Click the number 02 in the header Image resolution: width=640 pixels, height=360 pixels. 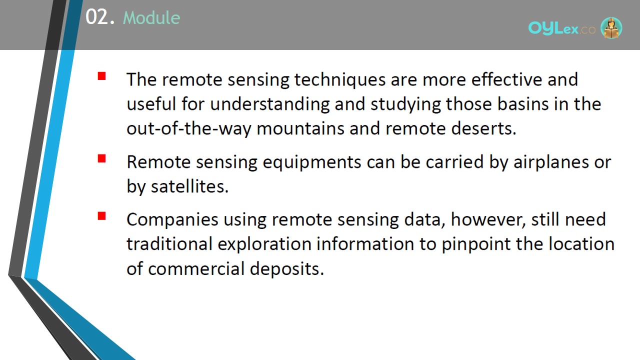tap(97, 17)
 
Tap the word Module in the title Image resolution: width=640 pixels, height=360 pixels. tap(151, 17)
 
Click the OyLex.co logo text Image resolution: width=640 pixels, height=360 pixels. tap(561, 28)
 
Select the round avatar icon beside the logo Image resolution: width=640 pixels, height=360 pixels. tap(611, 28)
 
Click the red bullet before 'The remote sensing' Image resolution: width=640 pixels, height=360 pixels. tap(101, 76)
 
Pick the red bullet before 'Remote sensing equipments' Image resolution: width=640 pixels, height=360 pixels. tap(101, 158)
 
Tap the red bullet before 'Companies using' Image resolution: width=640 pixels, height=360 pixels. tap(101, 216)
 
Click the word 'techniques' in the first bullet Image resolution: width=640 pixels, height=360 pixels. tap(340, 79)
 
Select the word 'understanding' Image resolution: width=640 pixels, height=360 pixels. tap(269, 104)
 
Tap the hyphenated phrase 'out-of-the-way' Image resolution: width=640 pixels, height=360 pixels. tap(189, 129)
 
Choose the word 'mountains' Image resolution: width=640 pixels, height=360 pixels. tap(300, 128)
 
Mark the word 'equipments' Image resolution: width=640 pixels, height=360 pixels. tap(312, 162)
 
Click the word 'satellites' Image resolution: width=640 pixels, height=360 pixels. tap(189, 186)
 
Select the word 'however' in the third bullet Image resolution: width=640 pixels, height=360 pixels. tap(488, 219)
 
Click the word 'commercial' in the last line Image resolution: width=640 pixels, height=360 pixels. tap(196, 269)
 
